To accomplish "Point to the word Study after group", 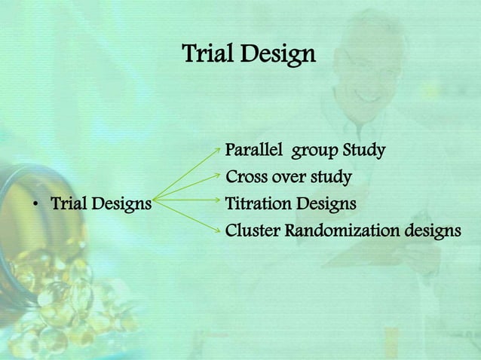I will coord(364,151).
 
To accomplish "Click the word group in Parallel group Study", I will coord(315,152).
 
